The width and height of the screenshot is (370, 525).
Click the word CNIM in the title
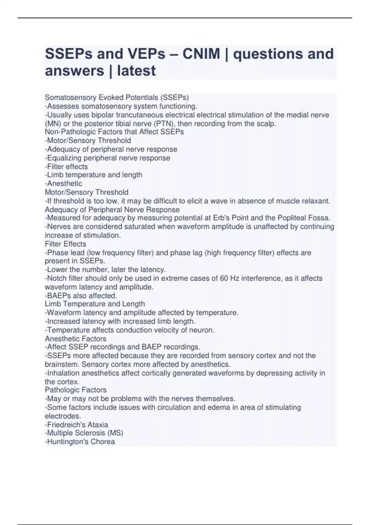(x=201, y=54)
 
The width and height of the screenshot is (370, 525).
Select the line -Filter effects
(x=66, y=166)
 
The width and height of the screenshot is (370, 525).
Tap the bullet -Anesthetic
(x=64, y=183)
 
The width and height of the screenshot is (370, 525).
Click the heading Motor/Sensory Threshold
(x=87, y=192)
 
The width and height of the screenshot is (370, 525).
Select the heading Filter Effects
(x=65, y=244)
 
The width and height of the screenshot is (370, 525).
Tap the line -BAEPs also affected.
(x=81, y=296)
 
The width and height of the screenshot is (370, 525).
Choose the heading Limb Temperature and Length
(x=95, y=304)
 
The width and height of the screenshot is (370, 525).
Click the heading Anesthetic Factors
(x=76, y=338)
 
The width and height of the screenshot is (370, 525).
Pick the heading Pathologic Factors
(x=76, y=390)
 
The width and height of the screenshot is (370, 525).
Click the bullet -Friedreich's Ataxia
(x=76, y=425)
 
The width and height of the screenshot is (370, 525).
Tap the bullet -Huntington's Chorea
(x=80, y=442)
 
